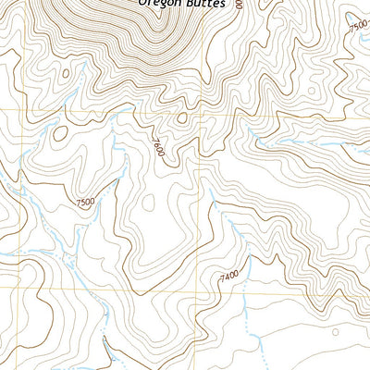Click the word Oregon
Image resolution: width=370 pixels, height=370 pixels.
coord(158,4)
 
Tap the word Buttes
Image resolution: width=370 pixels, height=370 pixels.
coord(203,4)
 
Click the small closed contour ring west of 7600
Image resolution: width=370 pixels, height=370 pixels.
coord(60,133)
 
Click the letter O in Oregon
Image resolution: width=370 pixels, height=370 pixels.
coord(143,4)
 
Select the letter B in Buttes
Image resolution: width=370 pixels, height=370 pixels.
coord(187,4)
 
